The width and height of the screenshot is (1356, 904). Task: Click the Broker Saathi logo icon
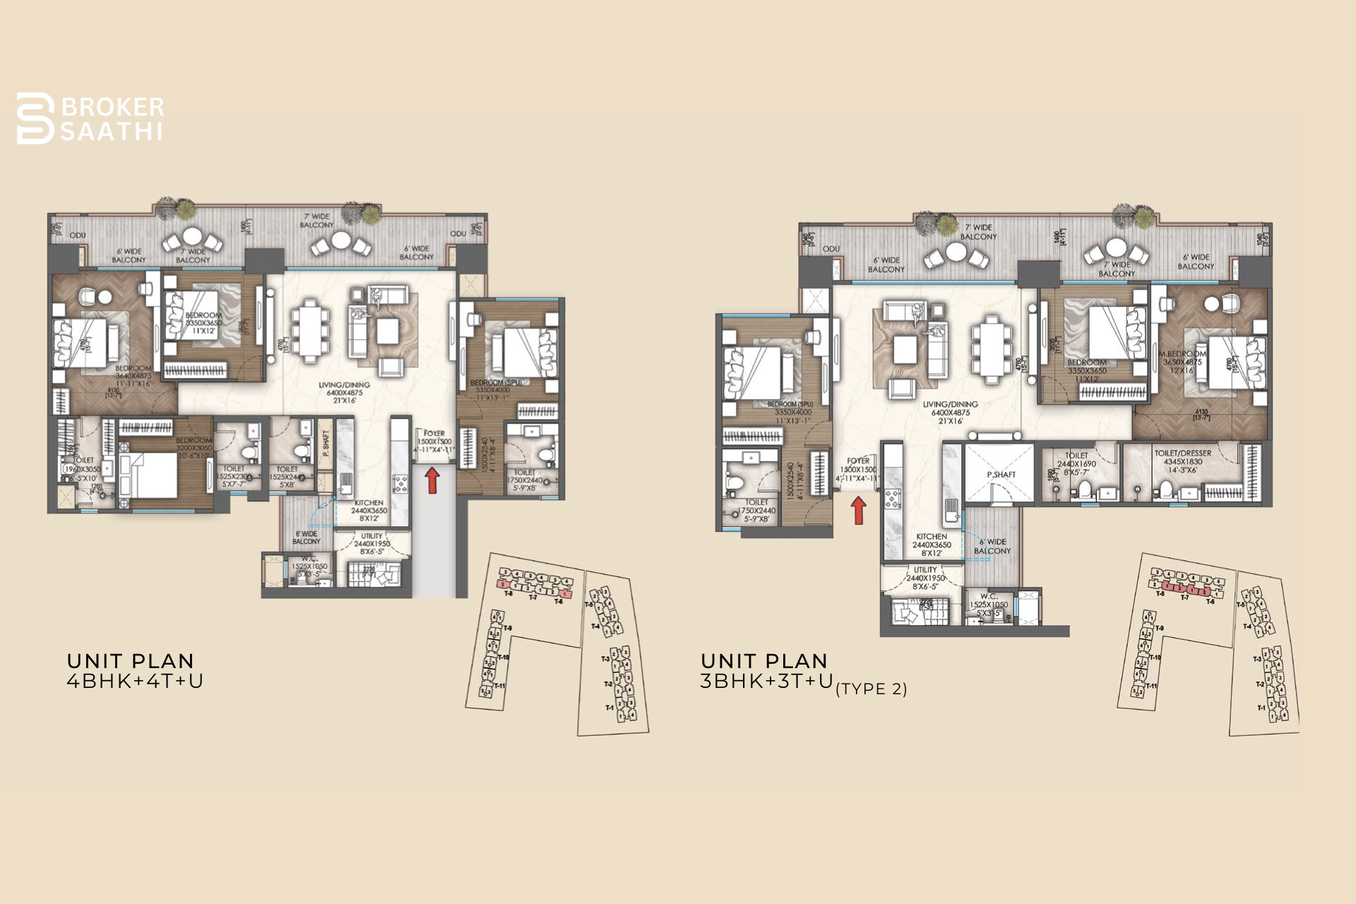pyautogui.click(x=35, y=119)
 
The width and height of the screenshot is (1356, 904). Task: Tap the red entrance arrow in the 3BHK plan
pyautogui.click(x=858, y=510)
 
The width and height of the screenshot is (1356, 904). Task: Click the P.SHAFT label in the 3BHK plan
pyautogui.click(x=1001, y=475)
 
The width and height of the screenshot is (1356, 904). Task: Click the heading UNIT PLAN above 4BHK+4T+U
pyautogui.click(x=130, y=662)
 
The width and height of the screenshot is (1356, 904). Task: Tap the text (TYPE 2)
pyautogui.click(x=871, y=689)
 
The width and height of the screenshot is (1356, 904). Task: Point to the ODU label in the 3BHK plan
pyautogui.click(x=831, y=249)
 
